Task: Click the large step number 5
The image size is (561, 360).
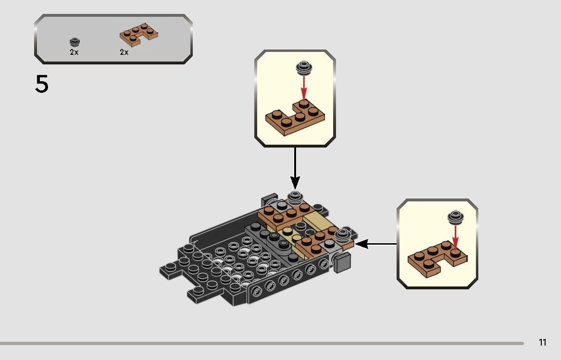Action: point(42,85)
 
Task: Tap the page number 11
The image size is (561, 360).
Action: point(543,343)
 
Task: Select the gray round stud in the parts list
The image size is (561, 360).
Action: point(74,42)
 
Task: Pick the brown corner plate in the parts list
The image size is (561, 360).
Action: point(139,34)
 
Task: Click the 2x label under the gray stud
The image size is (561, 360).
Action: point(74,52)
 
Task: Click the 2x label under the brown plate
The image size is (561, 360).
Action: point(124,52)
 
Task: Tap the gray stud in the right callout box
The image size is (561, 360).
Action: point(455,217)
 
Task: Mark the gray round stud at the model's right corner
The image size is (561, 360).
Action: point(342,234)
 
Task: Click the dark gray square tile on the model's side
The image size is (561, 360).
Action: point(341,263)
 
